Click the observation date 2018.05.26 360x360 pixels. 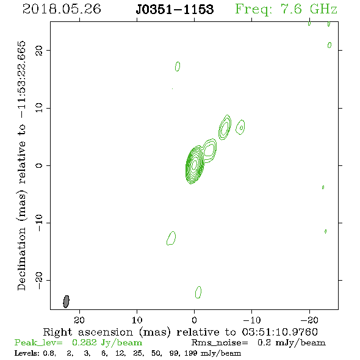click(x=62, y=9)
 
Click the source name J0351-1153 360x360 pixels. click(x=175, y=9)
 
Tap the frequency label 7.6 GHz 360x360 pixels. click(x=309, y=9)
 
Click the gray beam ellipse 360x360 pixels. click(x=66, y=301)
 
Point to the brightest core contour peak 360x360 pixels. click(x=194, y=164)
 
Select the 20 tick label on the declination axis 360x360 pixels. click(x=39, y=50)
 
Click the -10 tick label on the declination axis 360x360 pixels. click(x=39, y=223)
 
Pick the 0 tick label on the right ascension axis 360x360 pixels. click(x=194, y=320)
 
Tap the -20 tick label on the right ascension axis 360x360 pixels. click(x=309, y=320)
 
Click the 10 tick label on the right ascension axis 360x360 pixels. click(x=137, y=320)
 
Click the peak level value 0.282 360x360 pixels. click(x=84, y=342)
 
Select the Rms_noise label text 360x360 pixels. click(x=220, y=342)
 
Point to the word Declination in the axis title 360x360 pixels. click(x=21, y=259)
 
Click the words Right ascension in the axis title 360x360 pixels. click(x=88, y=332)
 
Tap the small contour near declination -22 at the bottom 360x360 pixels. click(x=198, y=292)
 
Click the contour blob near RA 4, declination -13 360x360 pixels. click(x=171, y=238)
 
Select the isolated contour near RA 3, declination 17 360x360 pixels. click(x=178, y=67)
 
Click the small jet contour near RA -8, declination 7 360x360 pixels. click(x=240, y=127)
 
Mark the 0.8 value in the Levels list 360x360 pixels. click(x=49, y=353)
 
